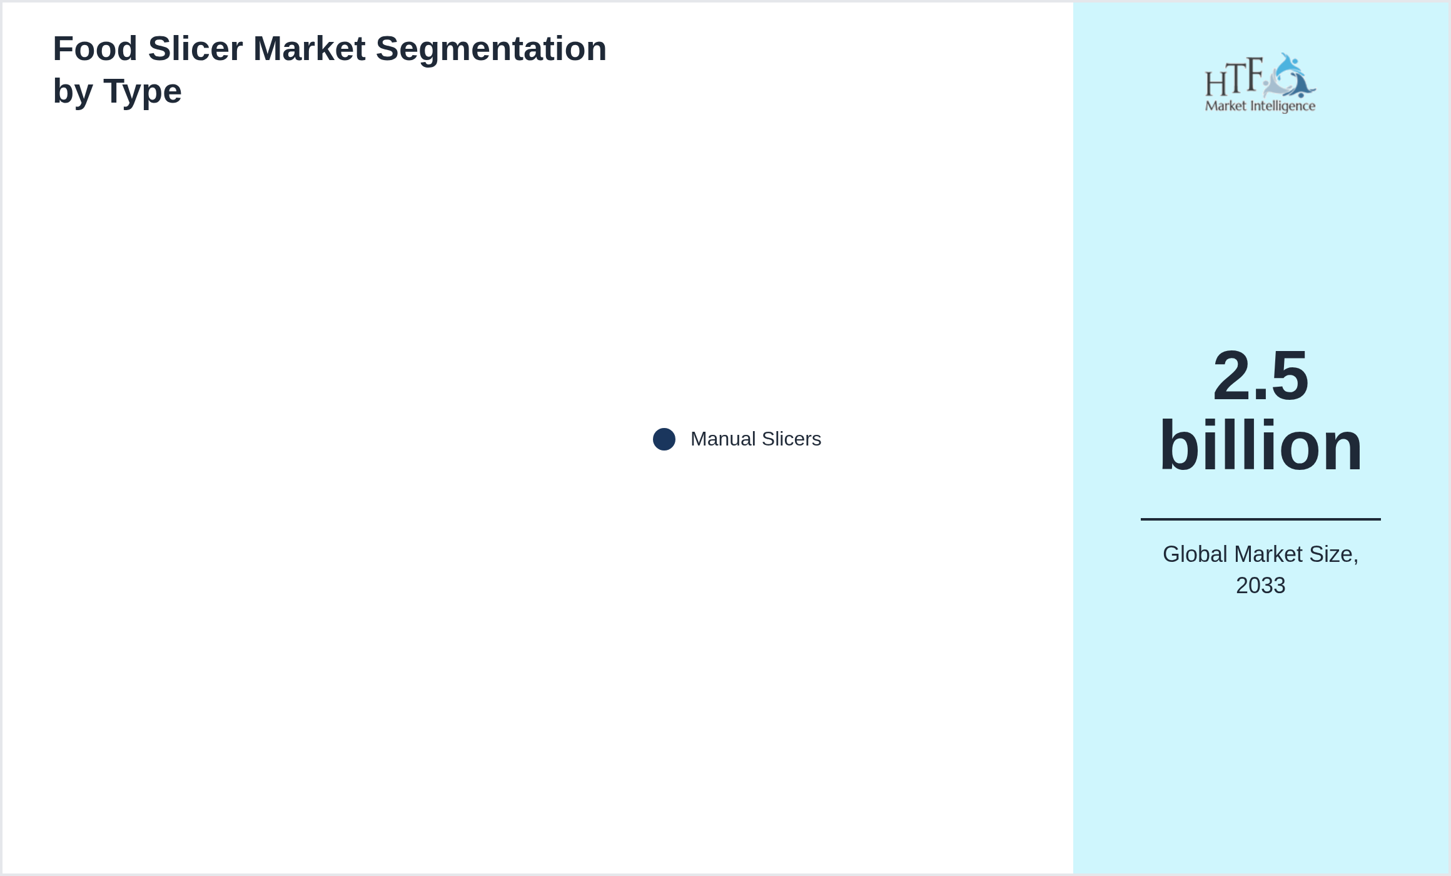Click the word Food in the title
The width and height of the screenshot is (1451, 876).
click(95, 49)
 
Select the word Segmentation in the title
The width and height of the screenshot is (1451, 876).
click(491, 49)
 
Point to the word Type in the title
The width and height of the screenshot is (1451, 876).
click(143, 92)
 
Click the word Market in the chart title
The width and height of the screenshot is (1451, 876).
click(309, 49)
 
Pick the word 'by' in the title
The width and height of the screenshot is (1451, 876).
click(73, 92)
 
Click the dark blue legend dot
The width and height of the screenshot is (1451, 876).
click(664, 439)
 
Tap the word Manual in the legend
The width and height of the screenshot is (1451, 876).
click(723, 439)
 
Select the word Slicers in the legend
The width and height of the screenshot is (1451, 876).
click(791, 439)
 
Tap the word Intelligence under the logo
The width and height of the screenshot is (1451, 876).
click(1283, 106)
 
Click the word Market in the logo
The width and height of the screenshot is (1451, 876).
click(1225, 106)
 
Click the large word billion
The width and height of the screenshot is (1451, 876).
click(1260, 446)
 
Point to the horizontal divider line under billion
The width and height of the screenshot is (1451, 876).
click(1260, 519)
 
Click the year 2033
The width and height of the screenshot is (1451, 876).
click(1260, 586)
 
